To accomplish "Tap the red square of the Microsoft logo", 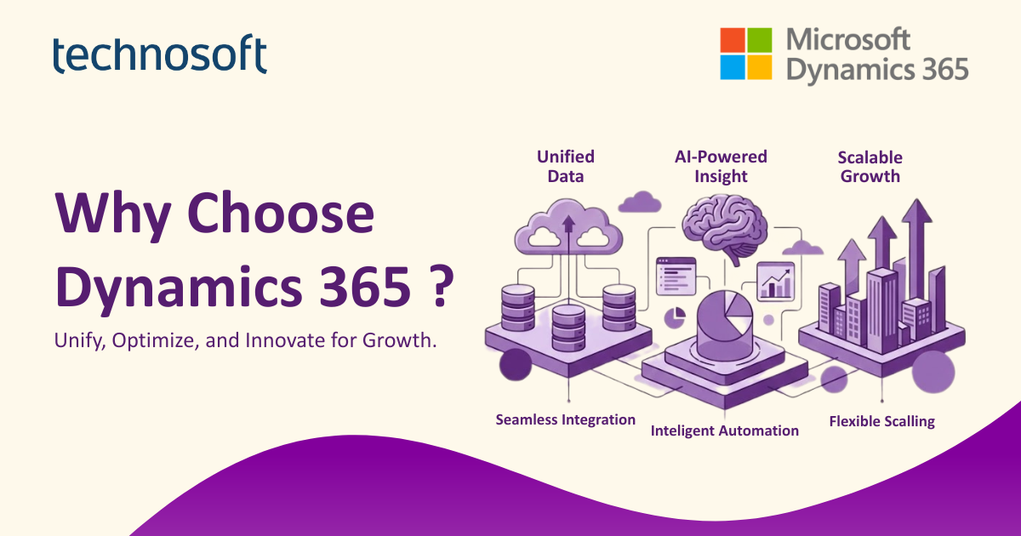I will pyautogui.click(x=733, y=40).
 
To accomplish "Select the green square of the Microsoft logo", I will pyautogui.click(x=759, y=40).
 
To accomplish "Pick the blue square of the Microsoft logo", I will pyautogui.click(x=733, y=66).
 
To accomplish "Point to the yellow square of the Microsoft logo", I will pyautogui.click(x=759, y=66).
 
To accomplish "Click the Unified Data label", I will pyautogui.click(x=565, y=166).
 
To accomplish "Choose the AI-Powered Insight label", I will pyautogui.click(x=721, y=166).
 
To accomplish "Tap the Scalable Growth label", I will pyautogui.click(x=869, y=167).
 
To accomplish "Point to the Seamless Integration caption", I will pyautogui.click(x=565, y=419).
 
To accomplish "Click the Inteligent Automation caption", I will pyautogui.click(x=724, y=431).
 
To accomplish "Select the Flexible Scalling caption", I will pyautogui.click(x=881, y=421).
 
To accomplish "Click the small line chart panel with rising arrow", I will pyautogui.click(x=774, y=282).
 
